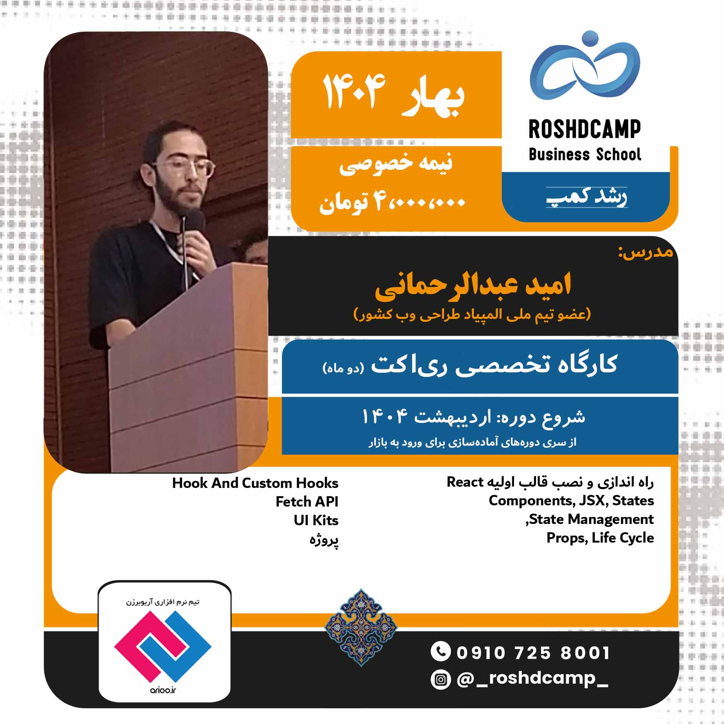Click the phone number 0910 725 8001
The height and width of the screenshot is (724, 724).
pyautogui.click(x=533, y=653)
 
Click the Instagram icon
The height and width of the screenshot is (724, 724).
pyautogui.click(x=440, y=680)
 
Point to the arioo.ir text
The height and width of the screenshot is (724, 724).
pyautogui.click(x=163, y=690)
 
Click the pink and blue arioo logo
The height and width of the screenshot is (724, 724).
pyautogui.click(x=163, y=647)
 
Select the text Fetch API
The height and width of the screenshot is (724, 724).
pyautogui.click(x=307, y=502)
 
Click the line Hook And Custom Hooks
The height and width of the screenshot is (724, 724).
pyautogui.click(x=255, y=483)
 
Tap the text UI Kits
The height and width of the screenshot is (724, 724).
pyautogui.click(x=316, y=520)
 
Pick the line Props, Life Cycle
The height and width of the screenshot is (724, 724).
pyautogui.click(x=600, y=538)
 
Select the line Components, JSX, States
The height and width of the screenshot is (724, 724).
pyautogui.click(x=571, y=500)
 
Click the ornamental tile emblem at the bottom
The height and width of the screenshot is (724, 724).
pyautogui.click(x=361, y=627)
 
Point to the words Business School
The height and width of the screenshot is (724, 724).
pyautogui.click(x=585, y=154)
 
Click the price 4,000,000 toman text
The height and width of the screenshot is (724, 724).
pyautogui.click(x=392, y=203)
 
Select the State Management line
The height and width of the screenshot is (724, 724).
pyautogui.click(x=590, y=519)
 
